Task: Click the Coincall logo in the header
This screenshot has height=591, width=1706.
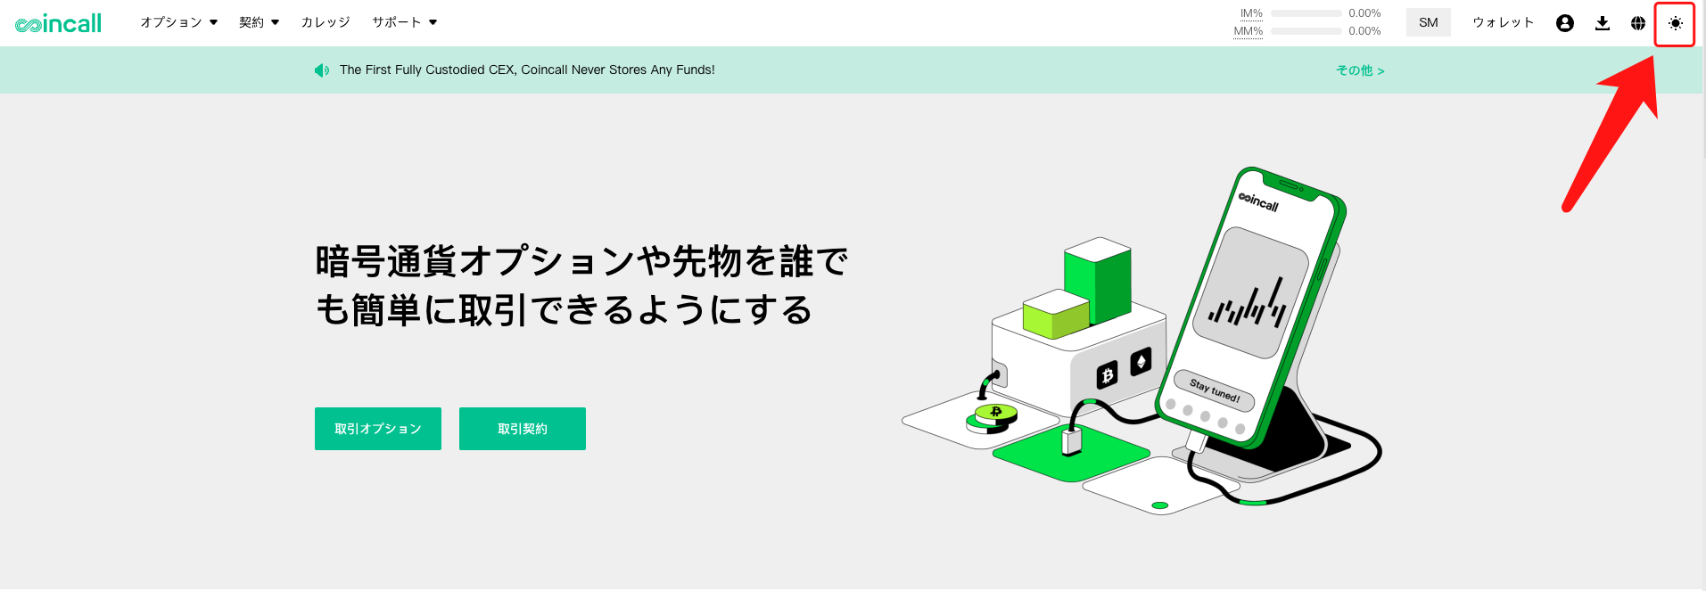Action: click(x=59, y=23)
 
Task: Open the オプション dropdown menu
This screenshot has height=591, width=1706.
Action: click(x=178, y=22)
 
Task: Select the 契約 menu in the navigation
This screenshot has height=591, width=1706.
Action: click(x=259, y=22)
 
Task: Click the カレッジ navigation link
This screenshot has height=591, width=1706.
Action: click(x=326, y=22)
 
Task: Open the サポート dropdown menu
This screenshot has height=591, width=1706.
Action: click(x=404, y=22)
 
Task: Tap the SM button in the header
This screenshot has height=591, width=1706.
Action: click(x=1429, y=23)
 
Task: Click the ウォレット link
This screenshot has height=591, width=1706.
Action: click(x=1503, y=22)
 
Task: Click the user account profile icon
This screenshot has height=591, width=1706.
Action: click(x=1565, y=23)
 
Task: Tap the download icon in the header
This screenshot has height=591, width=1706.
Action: click(x=1603, y=23)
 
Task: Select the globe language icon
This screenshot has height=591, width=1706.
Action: click(x=1638, y=23)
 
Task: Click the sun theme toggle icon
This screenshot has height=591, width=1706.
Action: click(x=1676, y=23)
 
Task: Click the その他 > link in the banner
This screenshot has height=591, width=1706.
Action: click(x=1360, y=70)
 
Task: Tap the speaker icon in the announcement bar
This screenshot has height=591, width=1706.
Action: click(x=322, y=70)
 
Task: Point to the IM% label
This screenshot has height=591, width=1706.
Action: click(x=1251, y=13)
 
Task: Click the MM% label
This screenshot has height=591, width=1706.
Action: click(x=1249, y=31)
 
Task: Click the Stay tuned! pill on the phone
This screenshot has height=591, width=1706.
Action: click(x=1215, y=390)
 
